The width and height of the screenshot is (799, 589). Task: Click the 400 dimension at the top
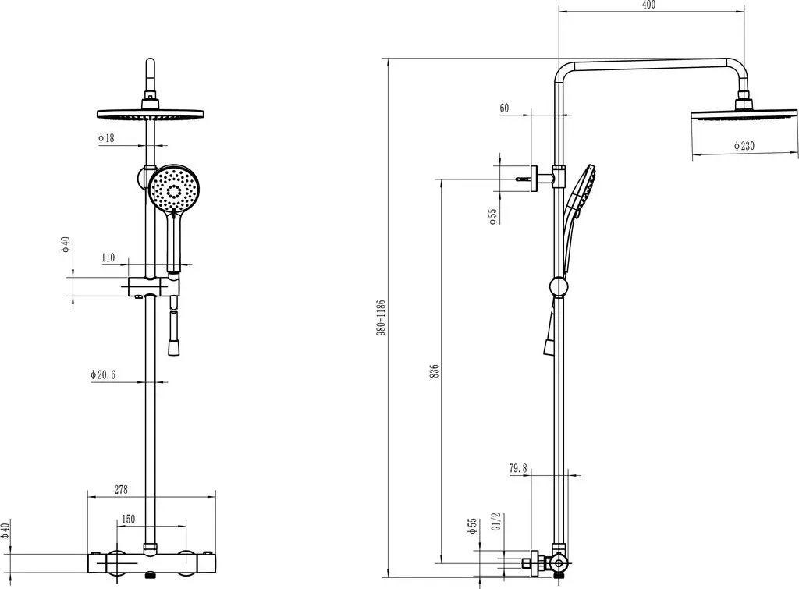(x=648, y=5)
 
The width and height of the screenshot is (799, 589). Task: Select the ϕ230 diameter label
(x=744, y=146)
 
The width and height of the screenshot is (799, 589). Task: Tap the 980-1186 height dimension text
(x=381, y=318)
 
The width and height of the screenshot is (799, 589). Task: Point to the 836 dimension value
(x=434, y=371)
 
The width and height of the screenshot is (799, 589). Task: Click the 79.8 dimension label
(x=518, y=468)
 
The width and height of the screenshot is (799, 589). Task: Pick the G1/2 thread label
(x=498, y=522)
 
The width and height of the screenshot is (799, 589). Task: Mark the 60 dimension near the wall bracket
(x=504, y=108)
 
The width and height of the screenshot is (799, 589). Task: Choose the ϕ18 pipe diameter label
(x=106, y=137)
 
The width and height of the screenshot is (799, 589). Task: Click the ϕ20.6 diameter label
(x=103, y=374)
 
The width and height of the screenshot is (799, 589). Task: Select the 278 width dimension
(x=121, y=490)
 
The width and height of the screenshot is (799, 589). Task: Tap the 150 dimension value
(x=128, y=519)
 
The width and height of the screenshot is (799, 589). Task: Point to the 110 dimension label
(x=108, y=257)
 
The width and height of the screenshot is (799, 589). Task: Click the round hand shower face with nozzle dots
(x=174, y=187)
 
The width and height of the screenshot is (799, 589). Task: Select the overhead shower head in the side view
(x=744, y=113)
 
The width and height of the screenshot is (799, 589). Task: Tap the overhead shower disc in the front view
(x=150, y=114)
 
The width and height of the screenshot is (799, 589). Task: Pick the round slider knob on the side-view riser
(x=559, y=286)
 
